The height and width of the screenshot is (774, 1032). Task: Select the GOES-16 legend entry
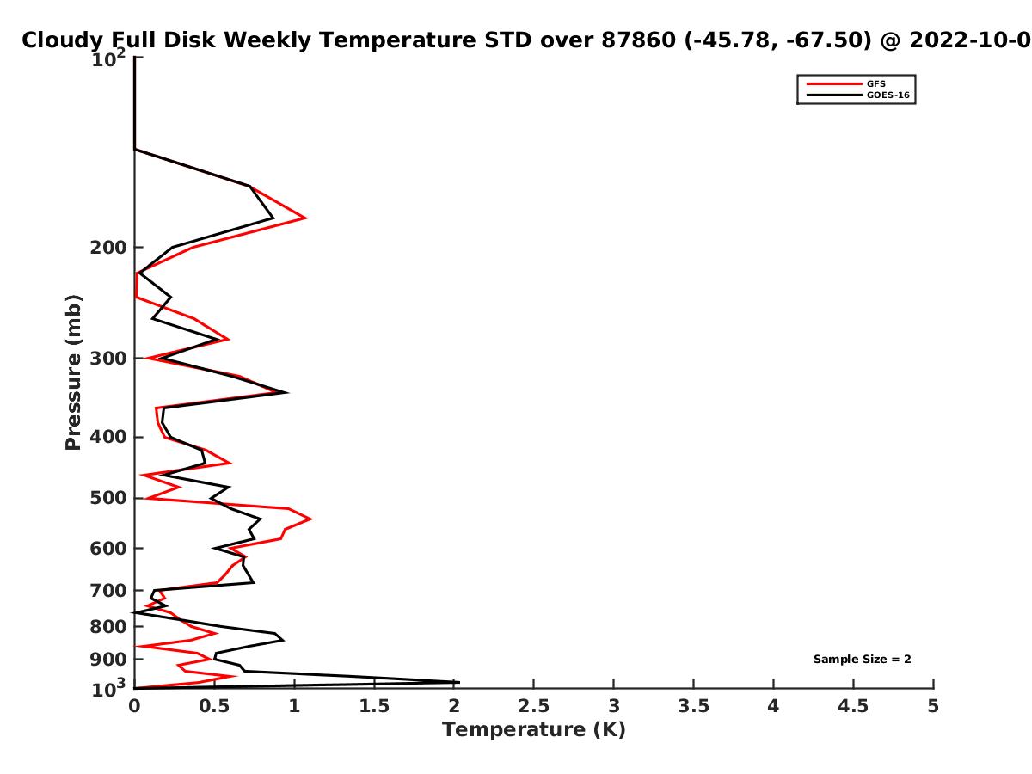coord(858,95)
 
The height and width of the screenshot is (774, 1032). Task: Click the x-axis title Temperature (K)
coord(534,730)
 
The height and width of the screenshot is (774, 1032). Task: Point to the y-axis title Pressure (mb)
coord(73,372)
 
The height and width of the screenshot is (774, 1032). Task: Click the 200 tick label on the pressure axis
coord(108,247)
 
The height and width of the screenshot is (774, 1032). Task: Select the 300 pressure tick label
coord(108,359)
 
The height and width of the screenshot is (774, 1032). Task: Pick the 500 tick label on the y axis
coord(108,498)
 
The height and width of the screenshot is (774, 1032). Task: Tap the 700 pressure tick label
coord(108,590)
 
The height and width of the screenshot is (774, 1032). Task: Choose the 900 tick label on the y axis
coord(108,660)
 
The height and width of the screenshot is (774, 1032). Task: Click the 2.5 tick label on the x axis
coord(534,706)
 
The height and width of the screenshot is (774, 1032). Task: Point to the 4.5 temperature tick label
coord(853,706)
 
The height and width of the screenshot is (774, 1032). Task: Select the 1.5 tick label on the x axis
coord(374,706)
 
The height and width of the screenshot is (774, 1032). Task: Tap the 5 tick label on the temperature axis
coord(933,706)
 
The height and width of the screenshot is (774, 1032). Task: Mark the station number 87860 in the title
coord(638,40)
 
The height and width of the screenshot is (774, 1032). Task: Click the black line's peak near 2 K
coord(459,682)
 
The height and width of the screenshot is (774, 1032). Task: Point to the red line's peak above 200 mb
coord(306,218)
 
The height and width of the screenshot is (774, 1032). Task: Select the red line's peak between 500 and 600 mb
coord(310,519)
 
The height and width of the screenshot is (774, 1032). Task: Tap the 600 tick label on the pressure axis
coord(108,549)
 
